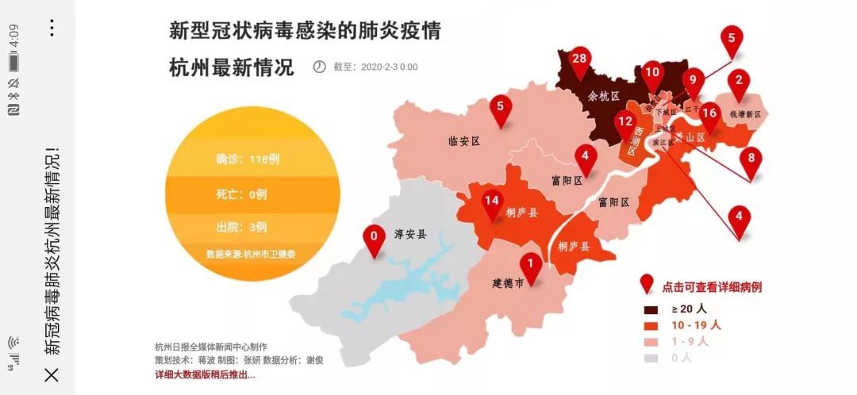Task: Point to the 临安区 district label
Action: (465, 141)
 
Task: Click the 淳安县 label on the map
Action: (410, 234)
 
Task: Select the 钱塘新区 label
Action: (745, 114)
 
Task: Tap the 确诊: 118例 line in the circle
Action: (248, 159)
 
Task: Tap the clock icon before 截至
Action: (319, 67)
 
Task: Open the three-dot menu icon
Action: (52, 29)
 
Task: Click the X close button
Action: (52, 374)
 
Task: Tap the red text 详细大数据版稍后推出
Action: (205, 375)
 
